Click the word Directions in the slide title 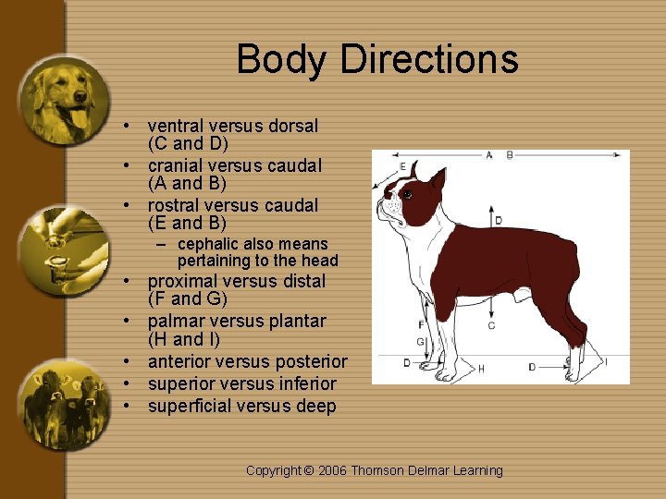click(429, 59)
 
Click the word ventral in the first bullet click(177, 126)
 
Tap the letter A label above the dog click(489, 155)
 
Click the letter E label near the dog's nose click(402, 167)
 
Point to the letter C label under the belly click(491, 325)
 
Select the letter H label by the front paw click(481, 369)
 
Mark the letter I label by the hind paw click(606, 361)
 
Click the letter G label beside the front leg click(419, 342)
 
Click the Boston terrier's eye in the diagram click(406, 195)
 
